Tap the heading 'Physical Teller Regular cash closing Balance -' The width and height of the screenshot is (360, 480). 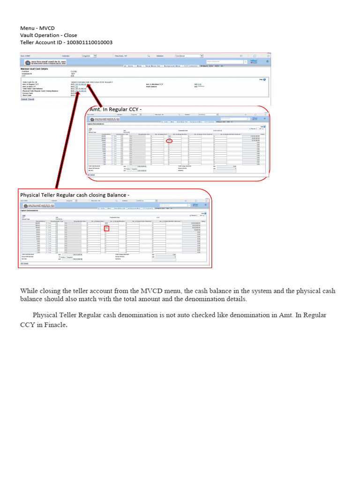click(x=75, y=195)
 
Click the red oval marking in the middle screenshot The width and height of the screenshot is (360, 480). click(x=169, y=141)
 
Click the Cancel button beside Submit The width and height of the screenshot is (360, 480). click(x=31, y=99)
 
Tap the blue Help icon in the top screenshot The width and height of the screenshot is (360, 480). click(x=264, y=80)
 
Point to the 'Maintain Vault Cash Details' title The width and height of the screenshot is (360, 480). click(x=34, y=69)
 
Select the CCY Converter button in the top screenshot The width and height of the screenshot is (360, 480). click(x=191, y=66)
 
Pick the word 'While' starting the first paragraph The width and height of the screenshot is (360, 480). click(x=28, y=291)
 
